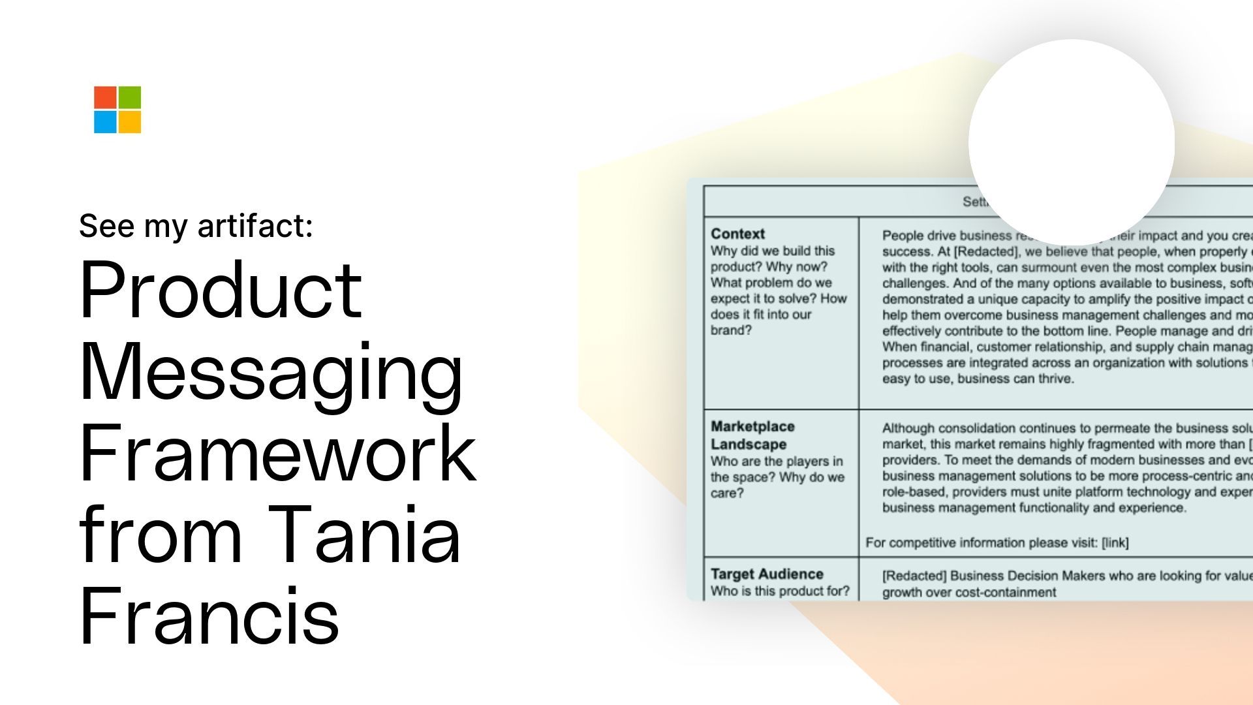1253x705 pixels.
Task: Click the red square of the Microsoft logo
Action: (x=105, y=97)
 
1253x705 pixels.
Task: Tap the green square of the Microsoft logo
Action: (x=130, y=97)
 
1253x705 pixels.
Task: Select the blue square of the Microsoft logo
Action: (x=105, y=122)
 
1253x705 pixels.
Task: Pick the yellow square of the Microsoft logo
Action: (x=130, y=122)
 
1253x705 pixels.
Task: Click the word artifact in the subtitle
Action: (x=255, y=226)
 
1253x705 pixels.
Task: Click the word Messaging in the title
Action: (x=271, y=372)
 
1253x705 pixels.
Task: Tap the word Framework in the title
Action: (x=277, y=452)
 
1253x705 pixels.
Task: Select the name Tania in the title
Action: (x=364, y=534)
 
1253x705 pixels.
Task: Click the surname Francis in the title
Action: (x=209, y=616)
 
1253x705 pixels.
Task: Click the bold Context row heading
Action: (x=737, y=234)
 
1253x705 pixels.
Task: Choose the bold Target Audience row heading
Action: (x=767, y=574)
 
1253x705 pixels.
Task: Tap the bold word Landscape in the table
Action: (x=749, y=444)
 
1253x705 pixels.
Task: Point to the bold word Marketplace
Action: (x=752, y=426)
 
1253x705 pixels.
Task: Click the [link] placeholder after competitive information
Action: (x=1115, y=542)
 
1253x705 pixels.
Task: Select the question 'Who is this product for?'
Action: (x=780, y=591)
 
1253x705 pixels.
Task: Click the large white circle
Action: (x=1071, y=142)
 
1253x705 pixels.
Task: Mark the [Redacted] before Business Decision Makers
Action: (x=914, y=576)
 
